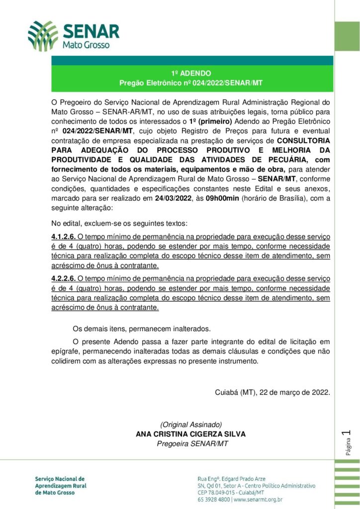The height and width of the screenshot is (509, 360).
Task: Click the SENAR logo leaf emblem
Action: coord(43,36)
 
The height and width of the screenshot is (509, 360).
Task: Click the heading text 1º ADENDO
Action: coord(190,73)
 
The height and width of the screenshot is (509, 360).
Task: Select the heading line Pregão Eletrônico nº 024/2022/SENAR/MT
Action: coord(190,83)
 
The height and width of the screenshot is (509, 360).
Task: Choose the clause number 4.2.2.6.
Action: coord(64,279)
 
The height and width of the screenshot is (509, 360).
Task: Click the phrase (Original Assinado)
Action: coord(190,424)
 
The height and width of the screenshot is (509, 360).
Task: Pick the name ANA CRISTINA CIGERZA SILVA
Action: coord(190,433)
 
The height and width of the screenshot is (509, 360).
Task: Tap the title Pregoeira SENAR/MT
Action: coord(190,443)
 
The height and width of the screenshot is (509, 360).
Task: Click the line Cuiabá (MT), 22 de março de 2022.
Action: coord(272,392)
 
